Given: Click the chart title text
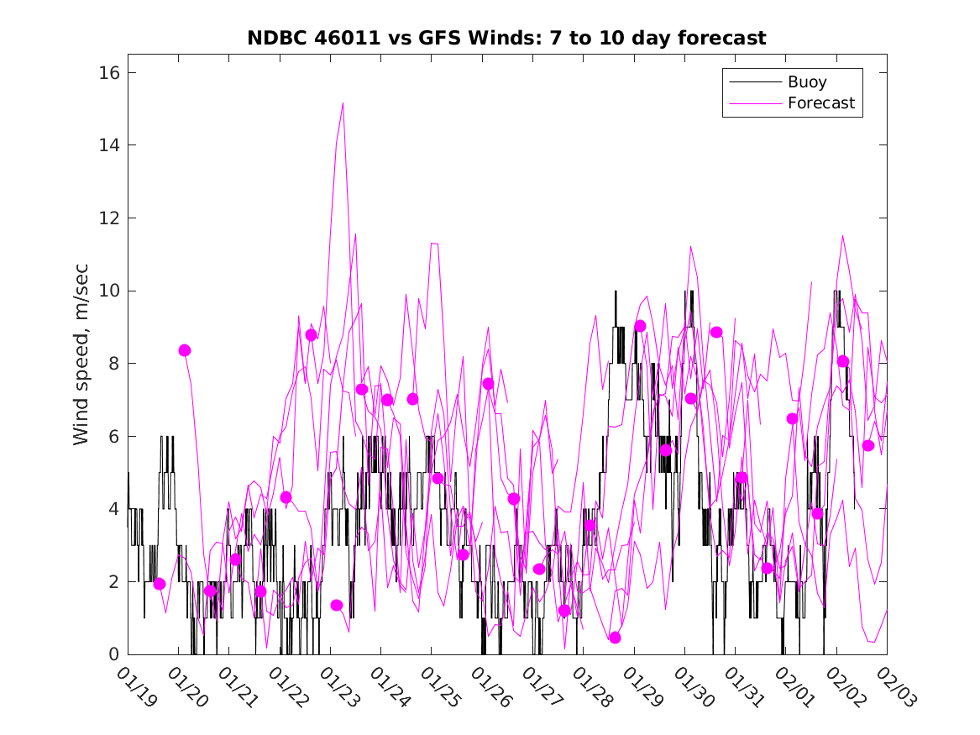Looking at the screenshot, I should tap(506, 39).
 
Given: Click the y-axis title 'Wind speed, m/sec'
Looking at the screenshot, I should tap(81, 364).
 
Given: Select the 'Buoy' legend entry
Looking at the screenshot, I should tap(806, 82).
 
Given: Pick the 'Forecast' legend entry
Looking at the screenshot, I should tap(820, 103).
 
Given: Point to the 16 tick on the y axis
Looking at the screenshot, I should tap(109, 73).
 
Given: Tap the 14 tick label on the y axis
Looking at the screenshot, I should tap(109, 145).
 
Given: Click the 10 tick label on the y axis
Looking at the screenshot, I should tap(109, 291).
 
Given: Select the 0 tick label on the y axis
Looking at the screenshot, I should tap(113, 654).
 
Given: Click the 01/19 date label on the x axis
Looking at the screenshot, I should tap(135, 686).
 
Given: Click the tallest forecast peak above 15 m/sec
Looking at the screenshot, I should tap(343, 103).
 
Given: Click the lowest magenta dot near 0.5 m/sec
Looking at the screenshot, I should tap(615, 638).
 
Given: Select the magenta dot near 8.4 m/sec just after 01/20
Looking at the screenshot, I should tap(185, 350).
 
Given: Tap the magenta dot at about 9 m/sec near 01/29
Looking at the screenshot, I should tap(640, 326).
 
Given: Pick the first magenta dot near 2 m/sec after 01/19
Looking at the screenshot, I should tap(160, 584).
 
